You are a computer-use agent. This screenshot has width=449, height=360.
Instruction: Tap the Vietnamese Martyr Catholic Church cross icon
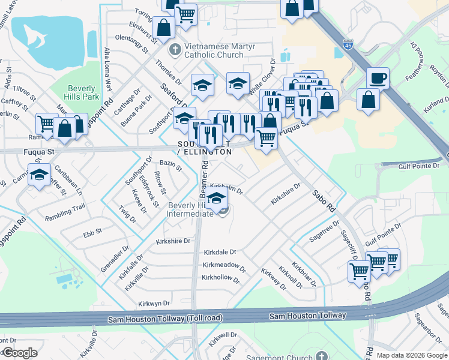coord(175,49)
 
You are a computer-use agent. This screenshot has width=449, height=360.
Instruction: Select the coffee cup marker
coord(378,78)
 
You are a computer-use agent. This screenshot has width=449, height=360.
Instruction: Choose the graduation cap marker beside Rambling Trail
coord(40,175)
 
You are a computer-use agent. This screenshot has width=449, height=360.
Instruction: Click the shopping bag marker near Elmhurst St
coord(163,26)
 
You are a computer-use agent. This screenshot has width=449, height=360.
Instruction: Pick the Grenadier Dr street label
coord(115,259)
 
